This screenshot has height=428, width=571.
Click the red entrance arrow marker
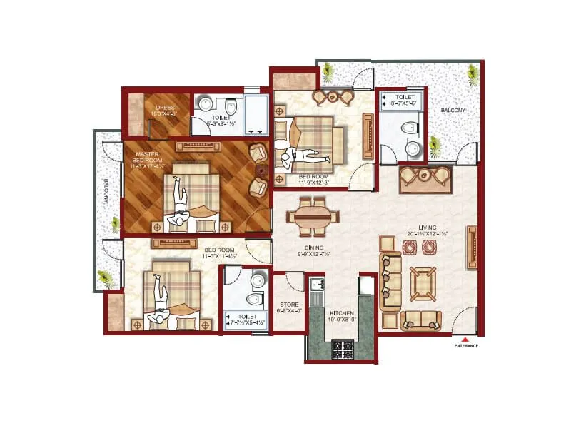coord(465,340)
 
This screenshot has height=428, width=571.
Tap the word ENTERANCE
coord(465,347)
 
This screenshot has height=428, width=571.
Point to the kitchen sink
coord(316,286)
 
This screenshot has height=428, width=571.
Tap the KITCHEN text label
coord(340,313)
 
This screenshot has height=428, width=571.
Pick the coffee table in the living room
coord(423,284)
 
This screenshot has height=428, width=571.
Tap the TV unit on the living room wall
coord(472,248)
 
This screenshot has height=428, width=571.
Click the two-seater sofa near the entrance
coord(420,320)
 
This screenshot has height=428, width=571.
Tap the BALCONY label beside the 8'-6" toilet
coord(453,111)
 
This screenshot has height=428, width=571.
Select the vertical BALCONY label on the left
coord(105,190)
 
